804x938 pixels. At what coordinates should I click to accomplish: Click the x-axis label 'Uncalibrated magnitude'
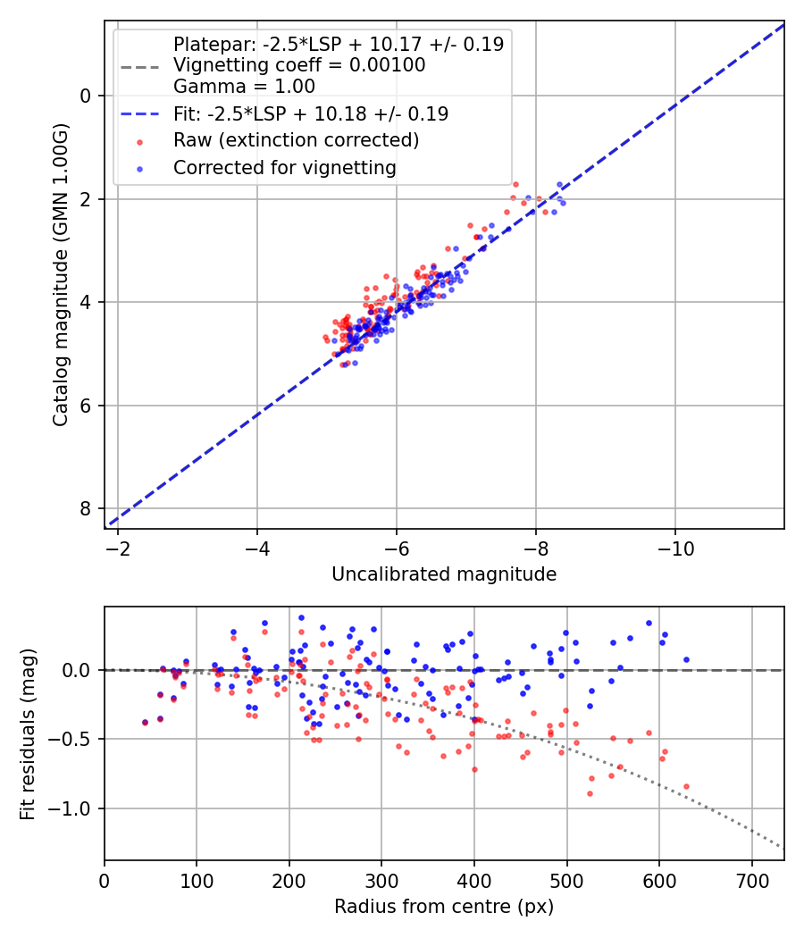point(444,574)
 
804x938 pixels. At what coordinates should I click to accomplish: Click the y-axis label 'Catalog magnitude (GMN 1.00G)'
point(60,275)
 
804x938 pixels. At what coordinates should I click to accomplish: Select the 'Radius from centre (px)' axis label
point(444,907)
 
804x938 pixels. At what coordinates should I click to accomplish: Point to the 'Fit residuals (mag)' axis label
point(28,733)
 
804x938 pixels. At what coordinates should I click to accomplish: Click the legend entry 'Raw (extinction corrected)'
point(296,141)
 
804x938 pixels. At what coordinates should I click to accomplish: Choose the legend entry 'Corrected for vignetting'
point(285,168)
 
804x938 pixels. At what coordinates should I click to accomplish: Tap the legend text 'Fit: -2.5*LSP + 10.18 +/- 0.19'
point(311,114)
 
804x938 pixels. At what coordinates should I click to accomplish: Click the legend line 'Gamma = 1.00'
point(244,87)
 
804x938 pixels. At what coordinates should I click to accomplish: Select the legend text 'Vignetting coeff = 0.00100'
point(299,65)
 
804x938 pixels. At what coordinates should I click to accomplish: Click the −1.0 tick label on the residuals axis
point(72,808)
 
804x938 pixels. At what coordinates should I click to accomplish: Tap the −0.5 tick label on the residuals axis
point(72,739)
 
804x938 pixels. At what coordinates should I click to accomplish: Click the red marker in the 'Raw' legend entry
point(138,141)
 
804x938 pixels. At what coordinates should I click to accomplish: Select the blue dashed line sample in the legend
point(138,114)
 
